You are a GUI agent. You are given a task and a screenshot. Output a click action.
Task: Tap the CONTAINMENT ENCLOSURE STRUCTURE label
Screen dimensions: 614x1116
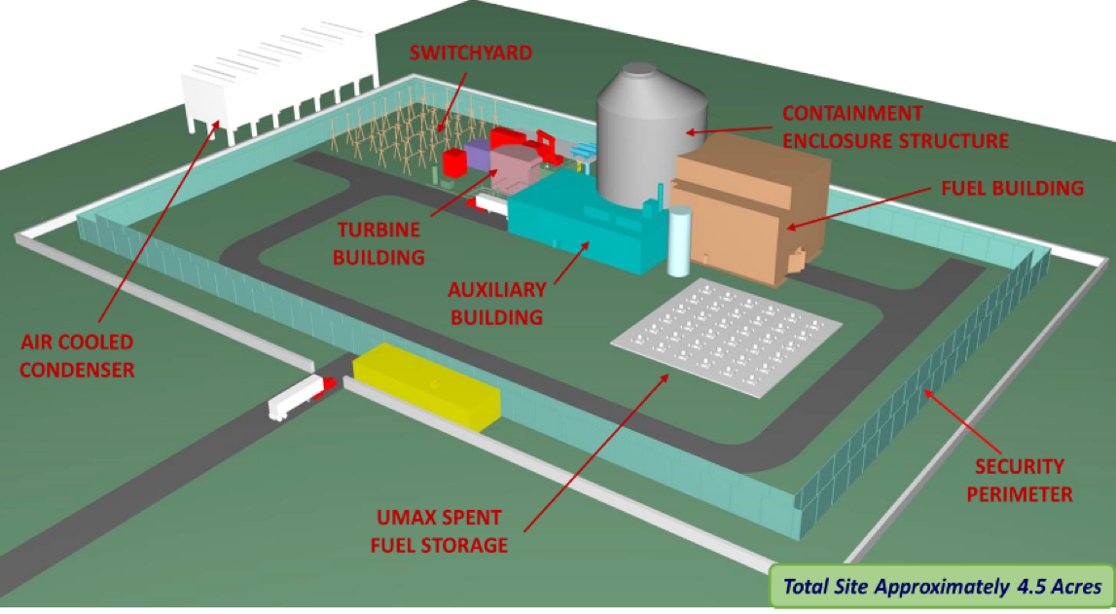coord(894,127)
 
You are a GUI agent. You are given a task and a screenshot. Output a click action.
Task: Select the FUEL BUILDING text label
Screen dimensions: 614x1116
coord(1012,188)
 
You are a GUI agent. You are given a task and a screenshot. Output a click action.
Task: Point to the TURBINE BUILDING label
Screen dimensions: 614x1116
coord(380,243)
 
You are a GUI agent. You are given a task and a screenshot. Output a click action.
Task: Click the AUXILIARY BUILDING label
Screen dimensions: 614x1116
coord(494,303)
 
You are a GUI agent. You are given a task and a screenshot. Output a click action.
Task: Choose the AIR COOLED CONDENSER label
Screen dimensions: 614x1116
coord(77,356)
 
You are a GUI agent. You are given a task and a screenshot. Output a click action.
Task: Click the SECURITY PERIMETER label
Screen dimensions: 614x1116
coord(1021,481)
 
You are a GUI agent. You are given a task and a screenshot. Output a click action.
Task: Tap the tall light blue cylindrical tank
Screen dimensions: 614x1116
coord(678,239)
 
